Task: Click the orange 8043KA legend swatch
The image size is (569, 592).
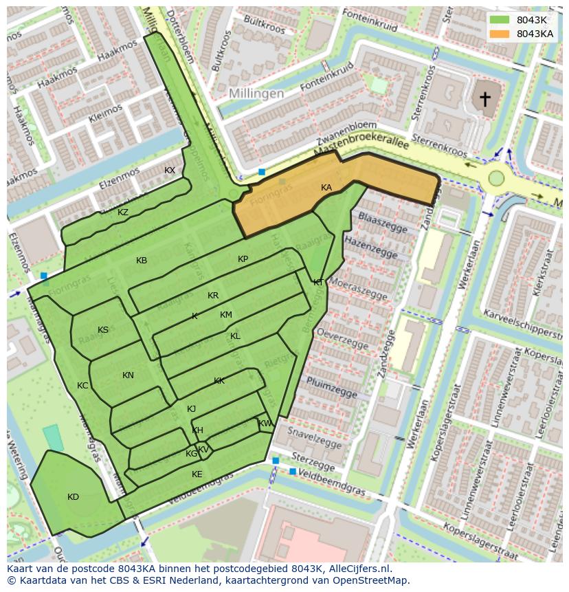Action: pyautogui.click(x=500, y=34)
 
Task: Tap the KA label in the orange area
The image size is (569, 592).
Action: pyautogui.click(x=326, y=188)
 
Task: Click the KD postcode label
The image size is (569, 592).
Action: pyautogui.click(x=73, y=497)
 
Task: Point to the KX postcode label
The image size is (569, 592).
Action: pyautogui.click(x=170, y=171)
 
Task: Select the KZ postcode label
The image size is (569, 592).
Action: pyautogui.click(x=123, y=212)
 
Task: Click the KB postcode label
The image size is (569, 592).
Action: pyautogui.click(x=142, y=261)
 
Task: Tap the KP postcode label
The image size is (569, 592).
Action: pyautogui.click(x=243, y=259)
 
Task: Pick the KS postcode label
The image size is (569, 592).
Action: pyautogui.click(x=103, y=330)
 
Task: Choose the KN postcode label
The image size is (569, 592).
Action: pyautogui.click(x=128, y=375)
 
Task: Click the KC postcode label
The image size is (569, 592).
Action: pyautogui.click(x=82, y=386)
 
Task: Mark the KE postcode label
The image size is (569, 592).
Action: pyautogui.click(x=197, y=474)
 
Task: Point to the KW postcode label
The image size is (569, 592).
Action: pyautogui.click(x=265, y=424)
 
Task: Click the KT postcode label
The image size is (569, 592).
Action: pyautogui.click(x=318, y=283)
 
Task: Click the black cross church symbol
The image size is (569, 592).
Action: pyautogui.click(x=485, y=99)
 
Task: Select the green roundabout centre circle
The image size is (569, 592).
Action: pyautogui.click(x=495, y=179)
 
